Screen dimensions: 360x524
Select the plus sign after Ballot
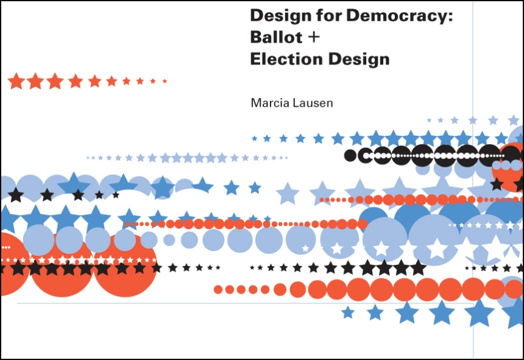314,37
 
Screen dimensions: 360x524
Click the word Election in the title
286,59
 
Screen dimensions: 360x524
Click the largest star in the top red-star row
16,81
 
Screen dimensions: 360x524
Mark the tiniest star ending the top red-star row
165,81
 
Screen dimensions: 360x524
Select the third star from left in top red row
55,81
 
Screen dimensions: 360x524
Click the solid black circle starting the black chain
350,155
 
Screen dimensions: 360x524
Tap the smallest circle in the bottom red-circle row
218,289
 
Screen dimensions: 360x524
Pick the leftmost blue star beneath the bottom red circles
348,312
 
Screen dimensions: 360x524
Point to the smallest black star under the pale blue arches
116,195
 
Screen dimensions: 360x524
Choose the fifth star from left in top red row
94,81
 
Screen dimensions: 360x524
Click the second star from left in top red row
35,81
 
